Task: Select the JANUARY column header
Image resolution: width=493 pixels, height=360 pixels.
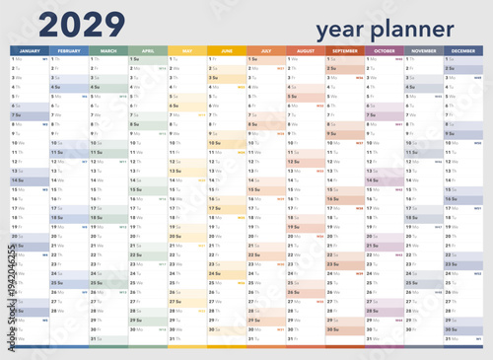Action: pyautogui.click(x=30, y=49)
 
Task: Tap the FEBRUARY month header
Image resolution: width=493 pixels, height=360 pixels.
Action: pyautogui.click(x=69, y=49)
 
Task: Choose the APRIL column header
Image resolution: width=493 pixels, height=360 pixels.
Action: pyautogui.click(x=148, y=49)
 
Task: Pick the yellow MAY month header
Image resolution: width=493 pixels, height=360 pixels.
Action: pyautogui.click(x=187, y=49)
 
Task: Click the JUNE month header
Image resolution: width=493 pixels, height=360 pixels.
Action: pyautogui.click(x=227, y=49)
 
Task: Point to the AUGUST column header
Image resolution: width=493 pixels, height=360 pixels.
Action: pyautogui.click(x=306, y=49)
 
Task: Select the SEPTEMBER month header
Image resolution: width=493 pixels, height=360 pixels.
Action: pyautogui.click(x=345, y=49)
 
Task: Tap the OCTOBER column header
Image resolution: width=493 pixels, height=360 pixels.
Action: pyautogui.click(x=385, y=49)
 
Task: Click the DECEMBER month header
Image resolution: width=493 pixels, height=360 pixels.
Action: pyautogui.click(x=463, y=49)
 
